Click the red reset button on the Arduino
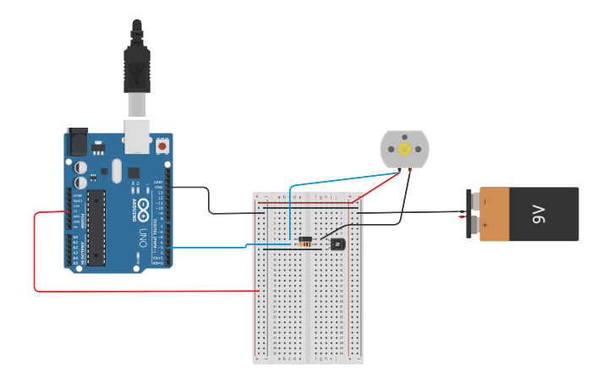tap(161, 146)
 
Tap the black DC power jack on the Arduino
tap(77, 140)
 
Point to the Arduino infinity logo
tap(144, 206)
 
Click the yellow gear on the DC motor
tap(405, 150)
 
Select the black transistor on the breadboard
tap(337, 244)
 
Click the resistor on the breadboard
tap(304, 241)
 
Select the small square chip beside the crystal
tap(134, 173)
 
